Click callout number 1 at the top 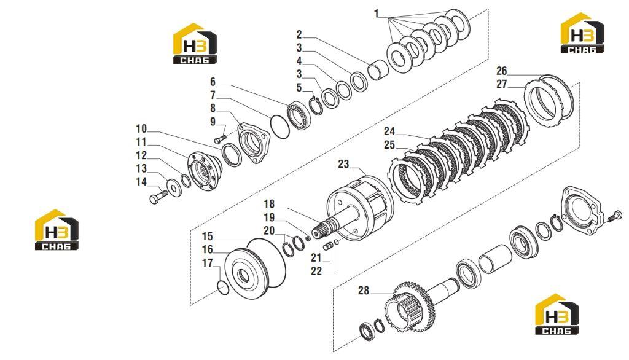(377, 14)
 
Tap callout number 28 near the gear (364, 290)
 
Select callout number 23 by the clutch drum (343, 164)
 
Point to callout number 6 (213, 82)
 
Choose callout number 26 (502, 71)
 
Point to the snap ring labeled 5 (316, 106)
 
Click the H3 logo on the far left (57, 230)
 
